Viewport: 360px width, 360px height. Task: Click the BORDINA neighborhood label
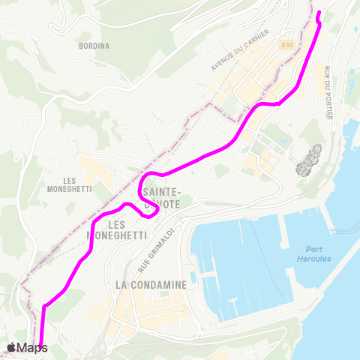pos(94,46)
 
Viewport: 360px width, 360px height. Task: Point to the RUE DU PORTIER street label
pos(328,93)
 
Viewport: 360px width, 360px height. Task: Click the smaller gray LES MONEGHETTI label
pos(78,184)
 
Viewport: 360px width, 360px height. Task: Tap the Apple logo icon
pos(12,346)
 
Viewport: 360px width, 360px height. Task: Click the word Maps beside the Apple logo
pos(33,347)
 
